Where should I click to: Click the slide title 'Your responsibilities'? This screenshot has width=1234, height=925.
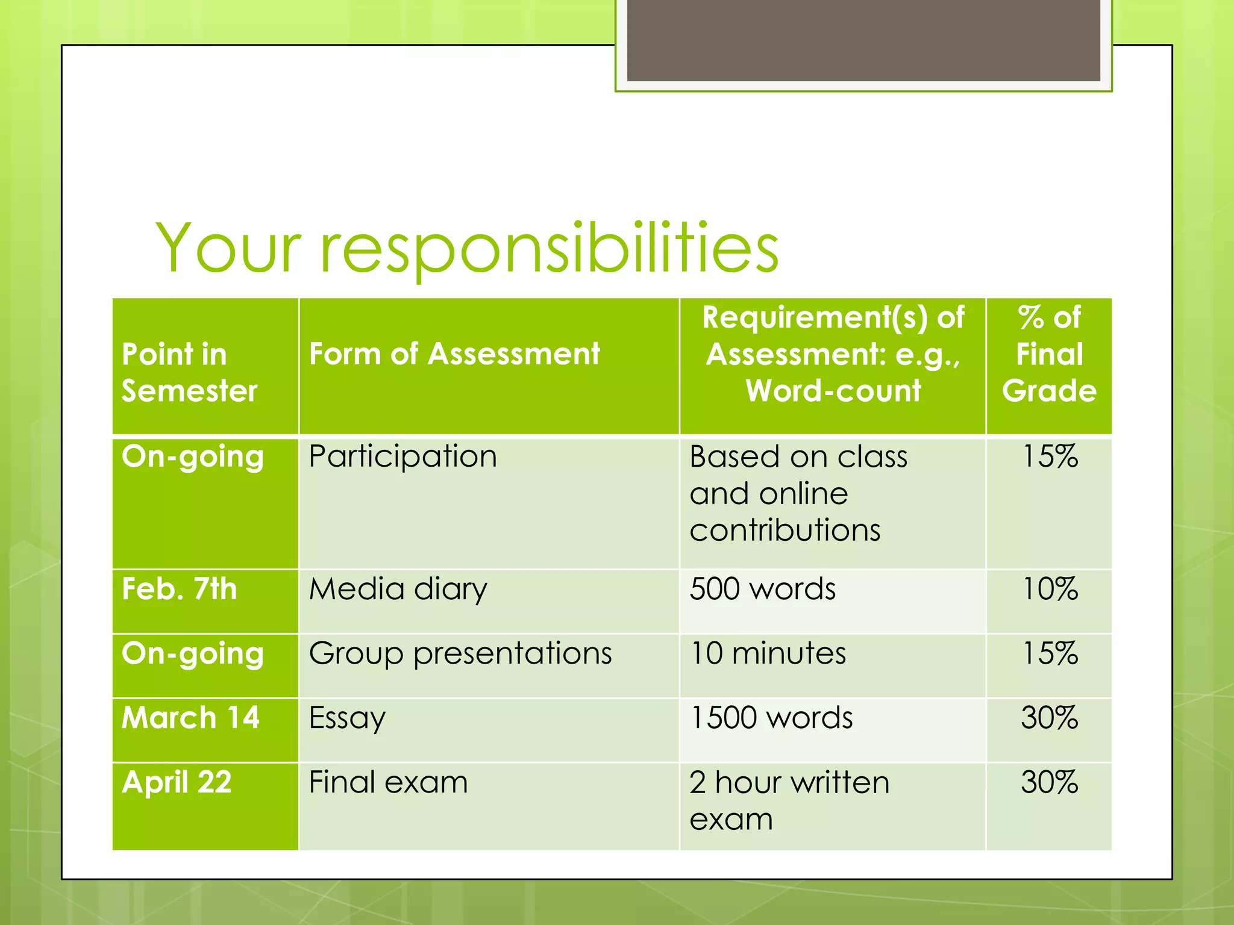[467, 248]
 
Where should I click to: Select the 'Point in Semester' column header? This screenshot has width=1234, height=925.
[189, 372]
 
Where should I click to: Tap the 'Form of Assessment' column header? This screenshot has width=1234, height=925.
[454, 353]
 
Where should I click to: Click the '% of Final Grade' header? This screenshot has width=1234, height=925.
[1049, 353]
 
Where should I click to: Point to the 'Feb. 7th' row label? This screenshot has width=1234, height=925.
[179, 589]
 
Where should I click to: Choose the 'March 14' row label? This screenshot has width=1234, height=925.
[190, 718]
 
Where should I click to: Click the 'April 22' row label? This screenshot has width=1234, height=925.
[177, 782]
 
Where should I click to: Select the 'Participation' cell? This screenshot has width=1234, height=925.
[402, 456]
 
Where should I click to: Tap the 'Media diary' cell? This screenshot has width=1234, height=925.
[398, 589]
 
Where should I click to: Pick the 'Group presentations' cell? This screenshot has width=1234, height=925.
[460, 653]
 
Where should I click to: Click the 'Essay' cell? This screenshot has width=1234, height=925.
[347, 718]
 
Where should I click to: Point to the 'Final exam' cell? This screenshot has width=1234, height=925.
[388, 782]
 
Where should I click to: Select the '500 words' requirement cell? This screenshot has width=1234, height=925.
[762, 589]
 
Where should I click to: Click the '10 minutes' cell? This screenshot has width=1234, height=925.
[768, 653]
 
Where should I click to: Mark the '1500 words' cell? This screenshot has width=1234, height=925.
[771, 718]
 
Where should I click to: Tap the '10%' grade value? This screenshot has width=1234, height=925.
[1050, 589]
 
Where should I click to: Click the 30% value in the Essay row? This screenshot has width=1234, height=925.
[1049, 718]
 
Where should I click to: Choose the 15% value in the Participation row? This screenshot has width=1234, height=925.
[1050, 456]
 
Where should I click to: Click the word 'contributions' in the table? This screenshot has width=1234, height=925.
[785, 531]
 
